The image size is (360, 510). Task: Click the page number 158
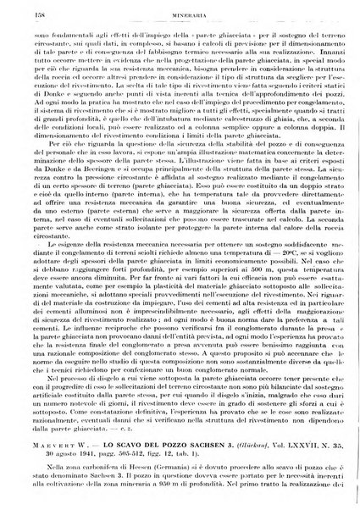(33, 14)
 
